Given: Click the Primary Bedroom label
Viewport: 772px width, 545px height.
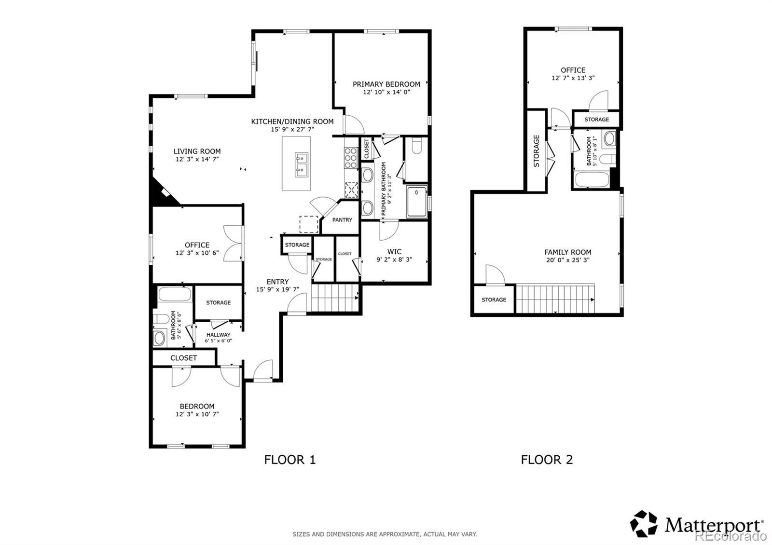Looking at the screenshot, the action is tap(386, 84).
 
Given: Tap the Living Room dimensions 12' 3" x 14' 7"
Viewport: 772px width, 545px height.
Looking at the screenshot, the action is tap(197, 159).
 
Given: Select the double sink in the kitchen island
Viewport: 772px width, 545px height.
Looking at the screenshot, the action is tap(301, 165).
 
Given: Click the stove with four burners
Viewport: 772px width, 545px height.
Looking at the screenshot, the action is tap(350, 158).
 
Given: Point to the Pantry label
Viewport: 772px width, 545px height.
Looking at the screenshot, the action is tap(342, 220).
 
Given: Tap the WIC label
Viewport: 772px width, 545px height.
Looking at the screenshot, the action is tap(394, 252).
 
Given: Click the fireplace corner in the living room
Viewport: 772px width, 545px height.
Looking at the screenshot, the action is tap(164, 192).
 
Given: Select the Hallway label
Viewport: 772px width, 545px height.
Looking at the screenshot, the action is tap(219, 335).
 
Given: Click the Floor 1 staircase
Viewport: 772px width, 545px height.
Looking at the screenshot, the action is tap(335, 298).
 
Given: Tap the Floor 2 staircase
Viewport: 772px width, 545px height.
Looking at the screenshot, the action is tap(555, 299).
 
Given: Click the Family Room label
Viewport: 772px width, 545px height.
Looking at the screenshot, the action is tap(568, 252).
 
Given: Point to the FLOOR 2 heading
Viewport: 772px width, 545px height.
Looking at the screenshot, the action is tap(547, 460).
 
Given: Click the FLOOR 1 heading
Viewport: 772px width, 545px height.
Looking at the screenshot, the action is tap(290, 460).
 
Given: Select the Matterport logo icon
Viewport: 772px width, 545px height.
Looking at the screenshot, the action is tap(644, 524).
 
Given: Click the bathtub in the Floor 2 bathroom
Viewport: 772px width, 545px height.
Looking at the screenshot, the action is tap(592, 179).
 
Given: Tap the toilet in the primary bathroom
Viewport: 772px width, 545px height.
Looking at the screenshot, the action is tap(416, 146).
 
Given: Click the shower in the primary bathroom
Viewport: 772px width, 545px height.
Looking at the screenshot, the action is tap(417, 202).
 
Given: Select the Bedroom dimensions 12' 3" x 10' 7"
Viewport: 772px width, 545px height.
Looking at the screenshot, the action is tap(197, 414).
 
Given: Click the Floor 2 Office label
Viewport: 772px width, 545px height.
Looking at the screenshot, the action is tap(573, 70).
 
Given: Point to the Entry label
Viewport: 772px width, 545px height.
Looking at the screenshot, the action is tap(278, 282).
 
